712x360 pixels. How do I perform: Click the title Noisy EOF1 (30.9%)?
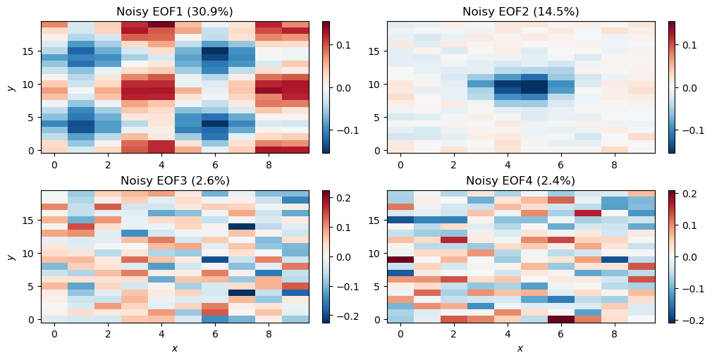[174, 11]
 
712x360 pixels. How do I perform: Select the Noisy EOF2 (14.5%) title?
[520, 11]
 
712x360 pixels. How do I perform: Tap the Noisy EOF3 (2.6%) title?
[174, 181]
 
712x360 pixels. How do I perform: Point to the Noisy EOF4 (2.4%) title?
[520, 181]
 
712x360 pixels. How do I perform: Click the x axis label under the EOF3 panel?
[174, 348]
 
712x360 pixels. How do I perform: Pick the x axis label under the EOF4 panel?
[520, 348]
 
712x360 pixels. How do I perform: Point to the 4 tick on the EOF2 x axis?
[508, 165]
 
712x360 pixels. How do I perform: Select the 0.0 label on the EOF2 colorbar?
[691, 88]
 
